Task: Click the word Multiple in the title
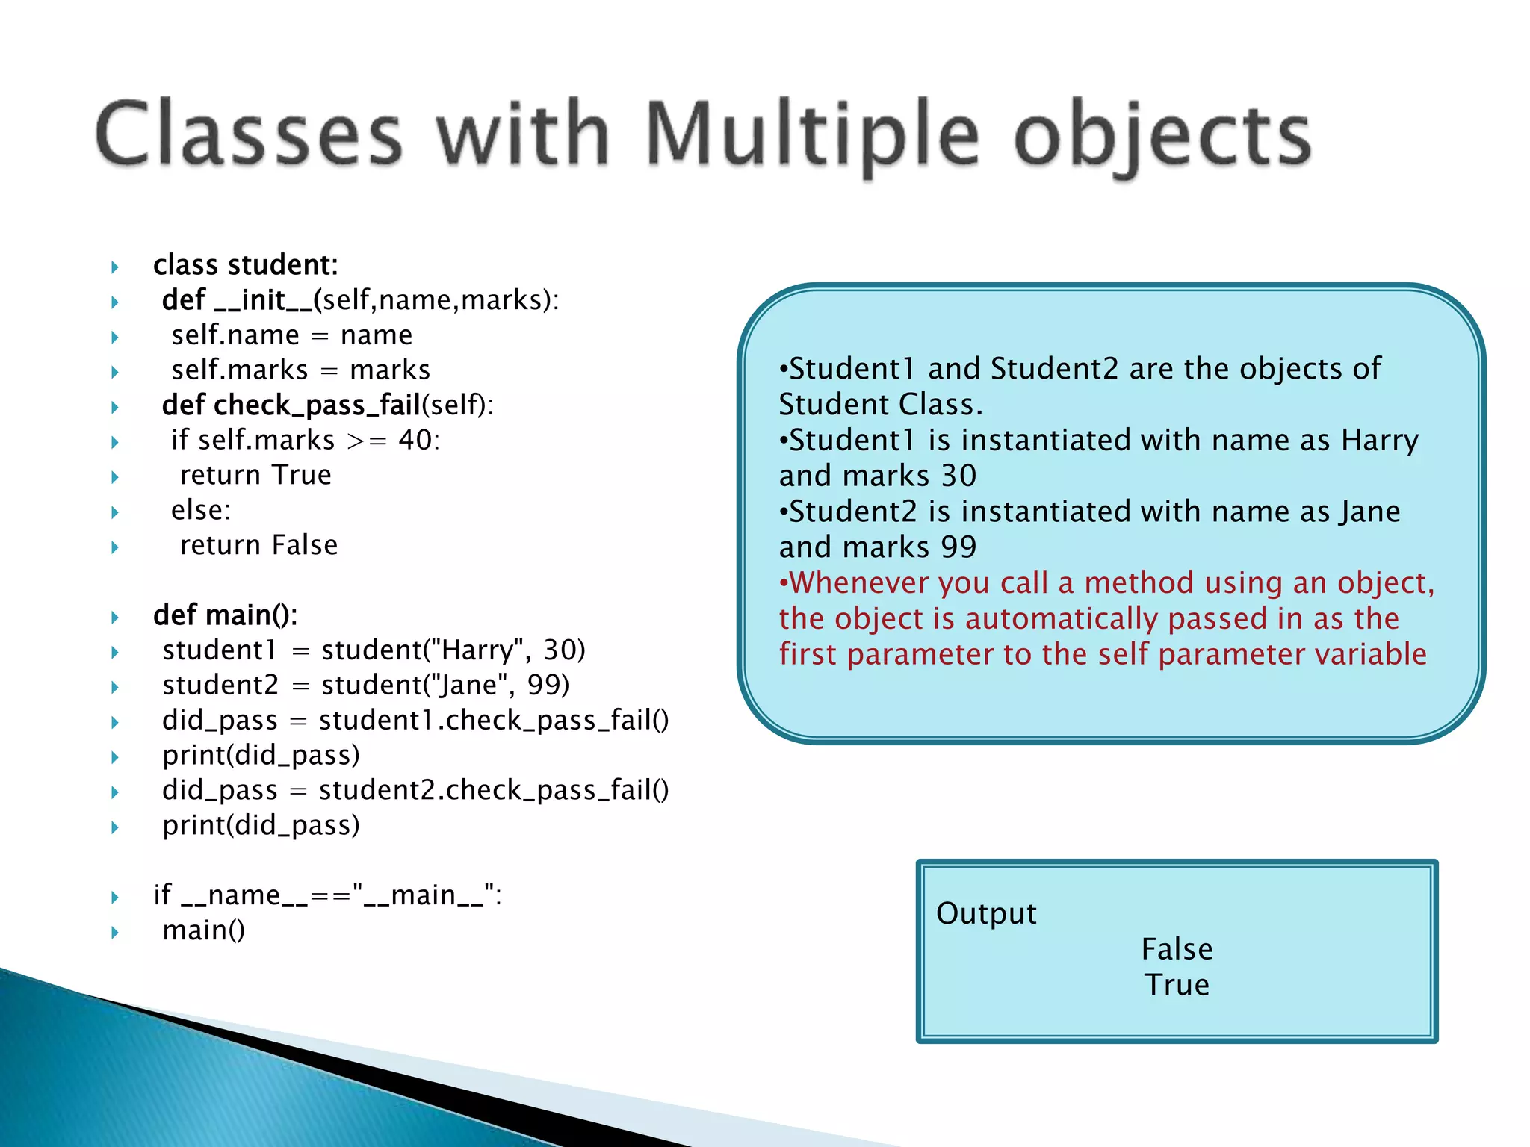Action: [811, 134]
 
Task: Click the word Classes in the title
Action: [250, 134]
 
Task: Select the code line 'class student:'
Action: [245, 265]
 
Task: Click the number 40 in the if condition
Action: [415, 441]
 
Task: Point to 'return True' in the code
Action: [255, 475]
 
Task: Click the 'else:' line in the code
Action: [201, 510]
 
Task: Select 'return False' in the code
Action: [258, 545]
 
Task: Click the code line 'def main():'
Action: [225, 615]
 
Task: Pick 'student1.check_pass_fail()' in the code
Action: [493, 721]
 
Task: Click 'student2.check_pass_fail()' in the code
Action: [493, 790]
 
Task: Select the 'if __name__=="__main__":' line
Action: [327, 895]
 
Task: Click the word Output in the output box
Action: [986, 913]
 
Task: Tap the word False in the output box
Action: [1177, 949]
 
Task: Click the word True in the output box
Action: [1177, 985]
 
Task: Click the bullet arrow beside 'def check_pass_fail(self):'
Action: [115, 407]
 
